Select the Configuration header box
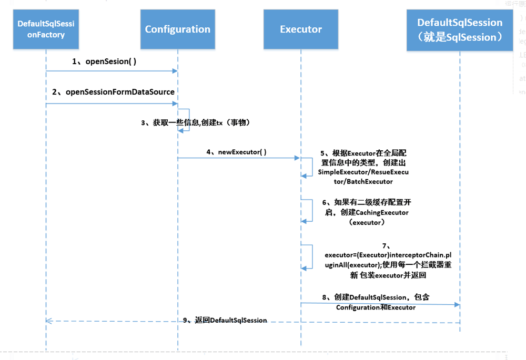click(177, 30)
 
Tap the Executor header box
click(301, 30)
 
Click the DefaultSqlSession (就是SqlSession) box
click(460, 30)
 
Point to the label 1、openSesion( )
click(104, 61)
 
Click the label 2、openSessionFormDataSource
click(113, 92)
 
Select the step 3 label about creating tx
click(195, 122)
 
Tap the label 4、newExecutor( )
click(236, 152)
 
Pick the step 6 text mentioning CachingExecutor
click(367, 212)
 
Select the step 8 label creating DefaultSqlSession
click(376, 302)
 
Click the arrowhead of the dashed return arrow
click(49, 321)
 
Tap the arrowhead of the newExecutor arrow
click(297, 157)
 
